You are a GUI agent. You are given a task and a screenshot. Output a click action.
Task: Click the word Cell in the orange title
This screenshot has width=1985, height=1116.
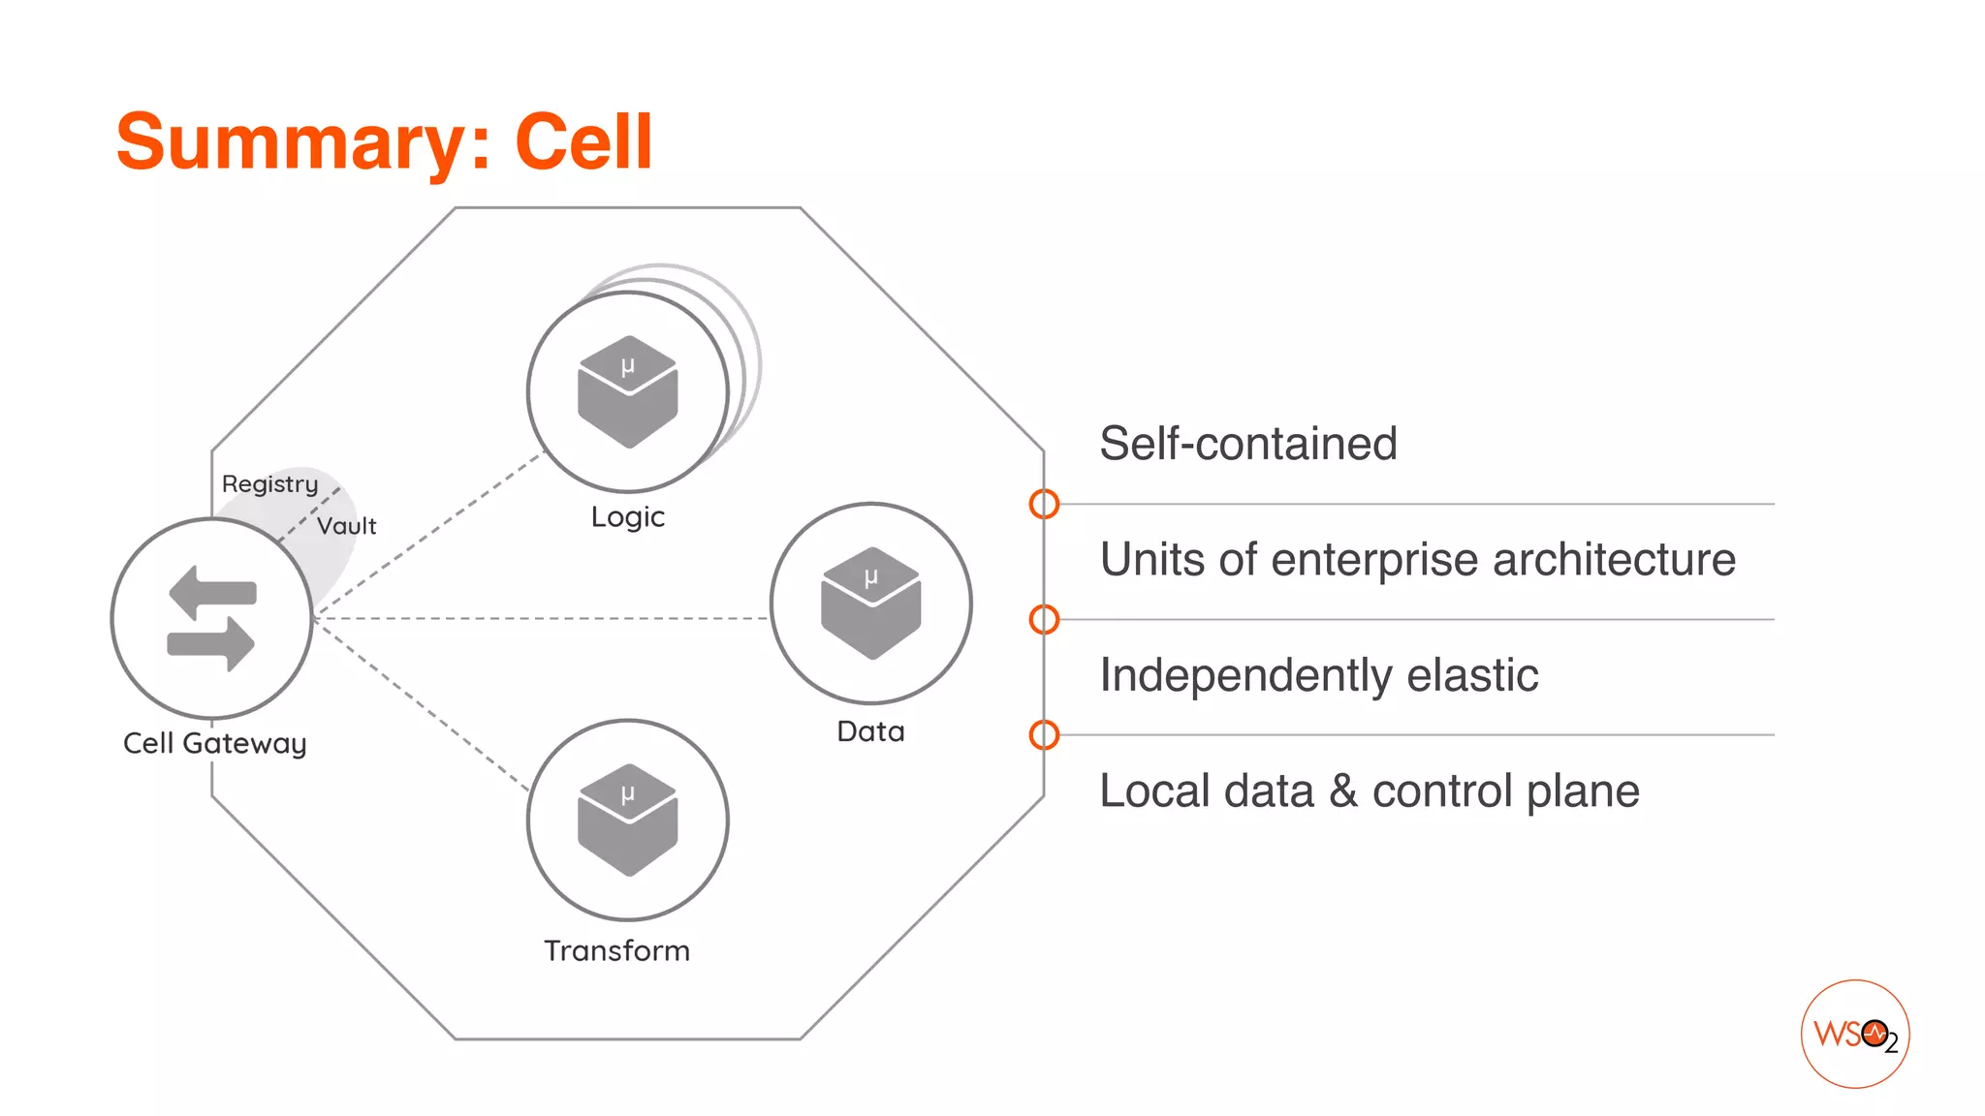583,141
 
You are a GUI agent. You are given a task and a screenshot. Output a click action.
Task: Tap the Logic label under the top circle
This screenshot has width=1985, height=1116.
628,517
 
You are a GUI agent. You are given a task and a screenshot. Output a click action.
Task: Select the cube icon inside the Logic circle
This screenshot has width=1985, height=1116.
628,391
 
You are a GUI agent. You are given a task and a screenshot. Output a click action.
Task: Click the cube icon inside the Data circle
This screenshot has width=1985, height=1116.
870,603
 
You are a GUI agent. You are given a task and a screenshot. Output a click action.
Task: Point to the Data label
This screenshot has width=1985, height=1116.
870,731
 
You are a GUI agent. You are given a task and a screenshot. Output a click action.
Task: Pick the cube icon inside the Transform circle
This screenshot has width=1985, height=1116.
628,820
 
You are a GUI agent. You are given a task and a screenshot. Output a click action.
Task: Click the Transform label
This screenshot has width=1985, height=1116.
616,950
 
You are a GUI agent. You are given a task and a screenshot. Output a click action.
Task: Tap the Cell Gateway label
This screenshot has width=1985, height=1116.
214,743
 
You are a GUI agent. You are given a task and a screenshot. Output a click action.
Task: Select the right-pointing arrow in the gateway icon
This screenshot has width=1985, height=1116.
211,643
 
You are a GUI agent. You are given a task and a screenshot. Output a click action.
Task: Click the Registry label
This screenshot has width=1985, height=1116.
269,483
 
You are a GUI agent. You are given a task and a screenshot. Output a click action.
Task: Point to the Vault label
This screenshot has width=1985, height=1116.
346,526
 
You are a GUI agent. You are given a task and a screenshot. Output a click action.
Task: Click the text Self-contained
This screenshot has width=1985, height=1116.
1248,444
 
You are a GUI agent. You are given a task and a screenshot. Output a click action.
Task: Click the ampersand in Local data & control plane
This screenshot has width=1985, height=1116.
1342,790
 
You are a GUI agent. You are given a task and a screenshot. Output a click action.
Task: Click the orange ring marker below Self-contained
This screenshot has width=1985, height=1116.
1044,504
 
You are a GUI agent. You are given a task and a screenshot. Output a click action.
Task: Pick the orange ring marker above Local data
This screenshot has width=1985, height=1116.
1044,735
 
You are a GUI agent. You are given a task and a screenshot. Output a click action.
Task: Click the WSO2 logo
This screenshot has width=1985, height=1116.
1855,1034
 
